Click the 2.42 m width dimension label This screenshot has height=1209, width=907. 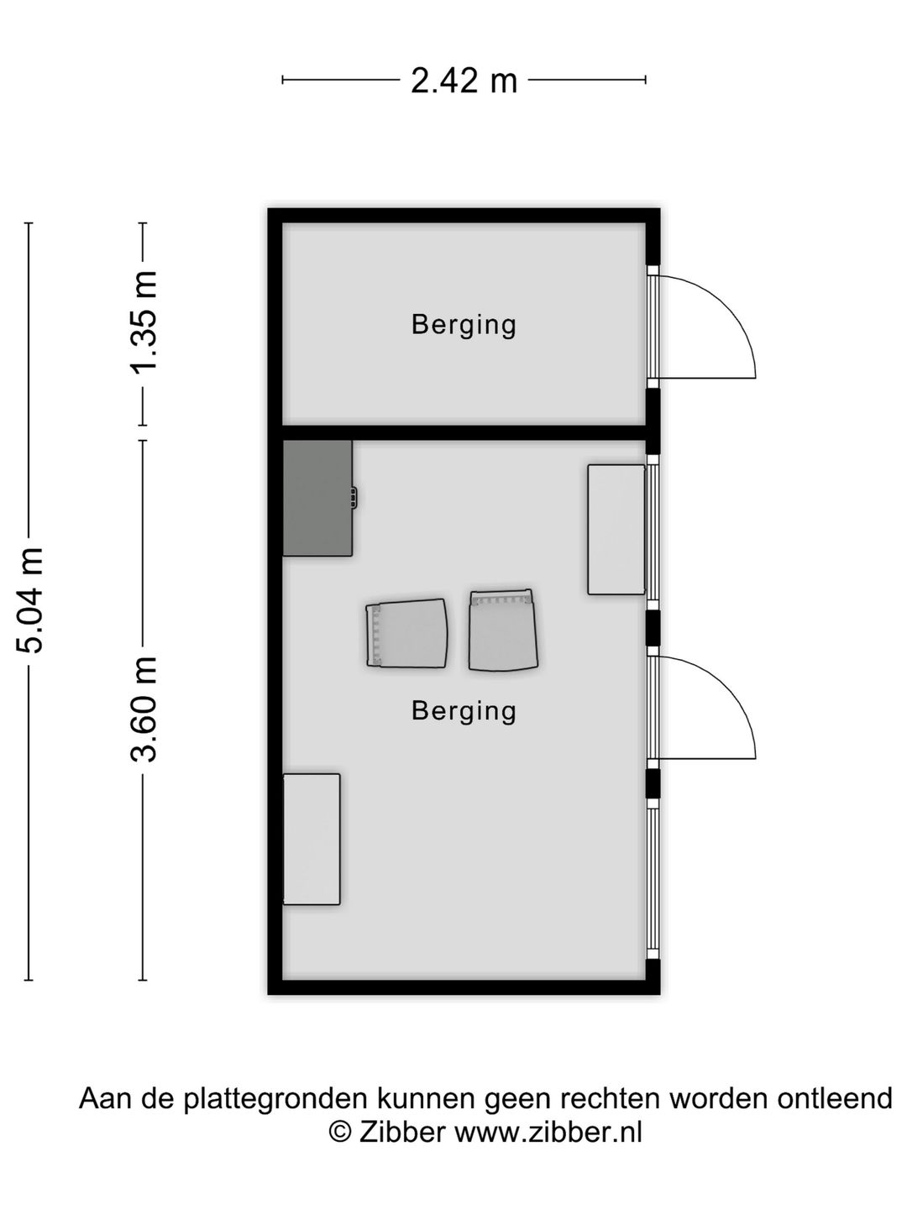pos(464,81)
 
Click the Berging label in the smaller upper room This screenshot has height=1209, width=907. pos(464,324)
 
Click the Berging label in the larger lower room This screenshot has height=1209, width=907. pos(464,711)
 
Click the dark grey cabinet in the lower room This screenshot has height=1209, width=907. pos(317,498)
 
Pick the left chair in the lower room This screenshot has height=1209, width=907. pos(406,634)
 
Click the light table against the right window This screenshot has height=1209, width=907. pos(616,529)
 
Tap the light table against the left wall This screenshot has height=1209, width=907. pos(312,839)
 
